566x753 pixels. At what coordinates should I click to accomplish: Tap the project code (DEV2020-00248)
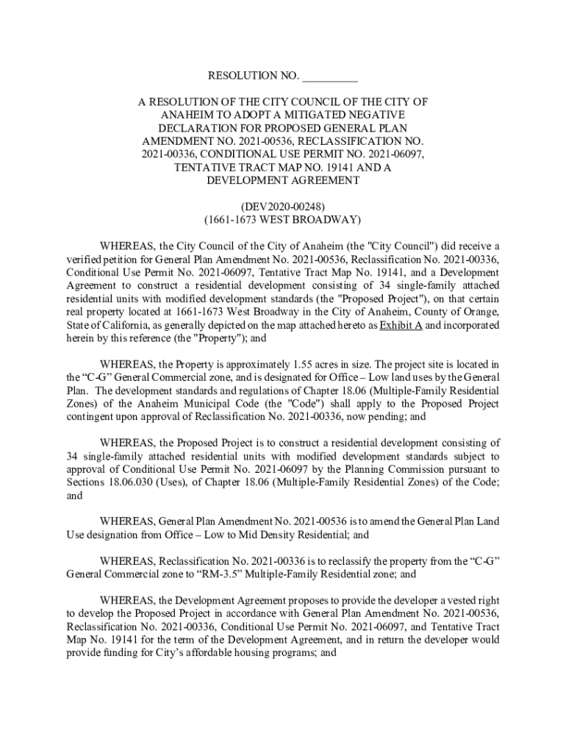(x=283, y=206)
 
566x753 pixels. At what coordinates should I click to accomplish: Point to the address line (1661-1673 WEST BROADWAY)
(x=283, y=219)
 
